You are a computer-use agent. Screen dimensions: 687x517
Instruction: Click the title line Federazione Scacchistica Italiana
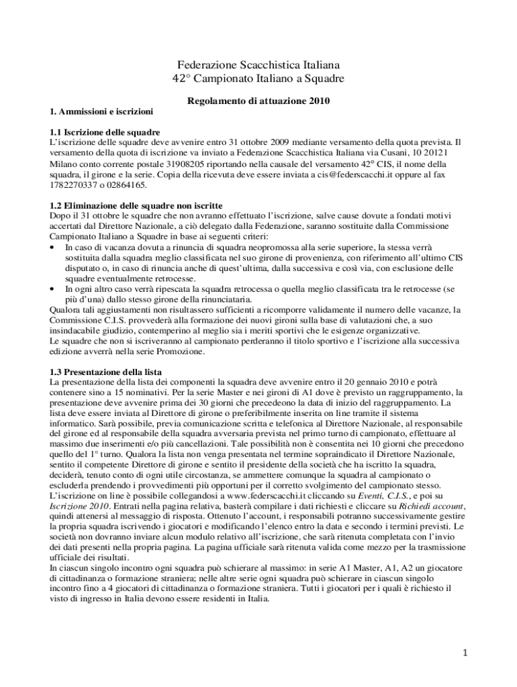pyautogui.click(x=258, y=66)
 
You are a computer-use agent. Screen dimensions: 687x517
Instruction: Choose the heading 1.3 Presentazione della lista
pyautogui.click(x=105, y=371)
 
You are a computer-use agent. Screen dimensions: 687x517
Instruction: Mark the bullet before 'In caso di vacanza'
pyautogui.click(x=54, y=247)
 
